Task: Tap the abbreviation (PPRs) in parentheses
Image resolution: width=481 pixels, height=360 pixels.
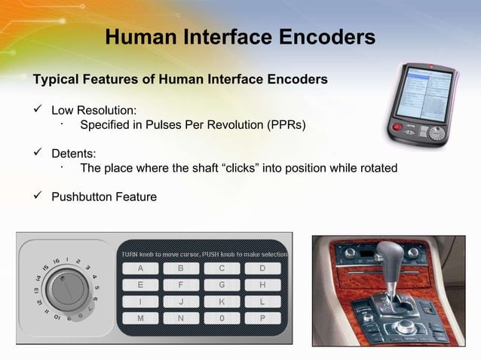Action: point(286,125)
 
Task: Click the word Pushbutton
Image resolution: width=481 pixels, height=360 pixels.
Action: point(80,197)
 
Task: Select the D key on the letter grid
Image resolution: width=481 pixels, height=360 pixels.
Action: point(262,268)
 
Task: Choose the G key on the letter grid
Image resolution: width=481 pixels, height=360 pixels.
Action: point(222,285)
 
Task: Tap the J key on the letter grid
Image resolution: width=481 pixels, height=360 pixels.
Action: point(181,302)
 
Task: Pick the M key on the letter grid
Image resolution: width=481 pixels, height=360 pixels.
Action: point(140,319)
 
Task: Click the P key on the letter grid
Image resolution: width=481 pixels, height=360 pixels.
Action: point(262,319)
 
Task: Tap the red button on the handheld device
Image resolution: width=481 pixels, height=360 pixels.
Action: point(397,127)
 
